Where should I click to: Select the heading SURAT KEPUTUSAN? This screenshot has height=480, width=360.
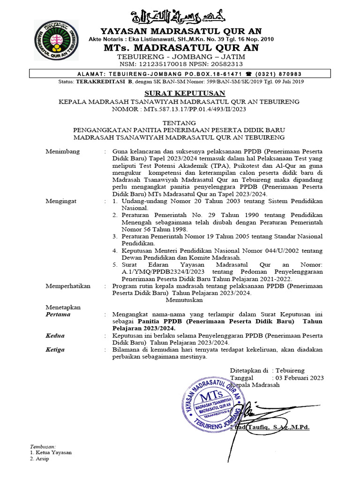(180, 94)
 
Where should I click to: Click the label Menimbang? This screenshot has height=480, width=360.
(63, 151)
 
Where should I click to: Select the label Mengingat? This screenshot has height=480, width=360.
(61, 201)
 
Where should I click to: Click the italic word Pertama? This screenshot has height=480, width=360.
(58, 315)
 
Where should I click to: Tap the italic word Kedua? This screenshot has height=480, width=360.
(55, 336)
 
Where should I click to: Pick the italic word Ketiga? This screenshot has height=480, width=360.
(55, 350)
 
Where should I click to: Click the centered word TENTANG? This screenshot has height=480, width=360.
(180, 122)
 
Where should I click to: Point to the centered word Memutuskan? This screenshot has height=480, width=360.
(184, 300)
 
